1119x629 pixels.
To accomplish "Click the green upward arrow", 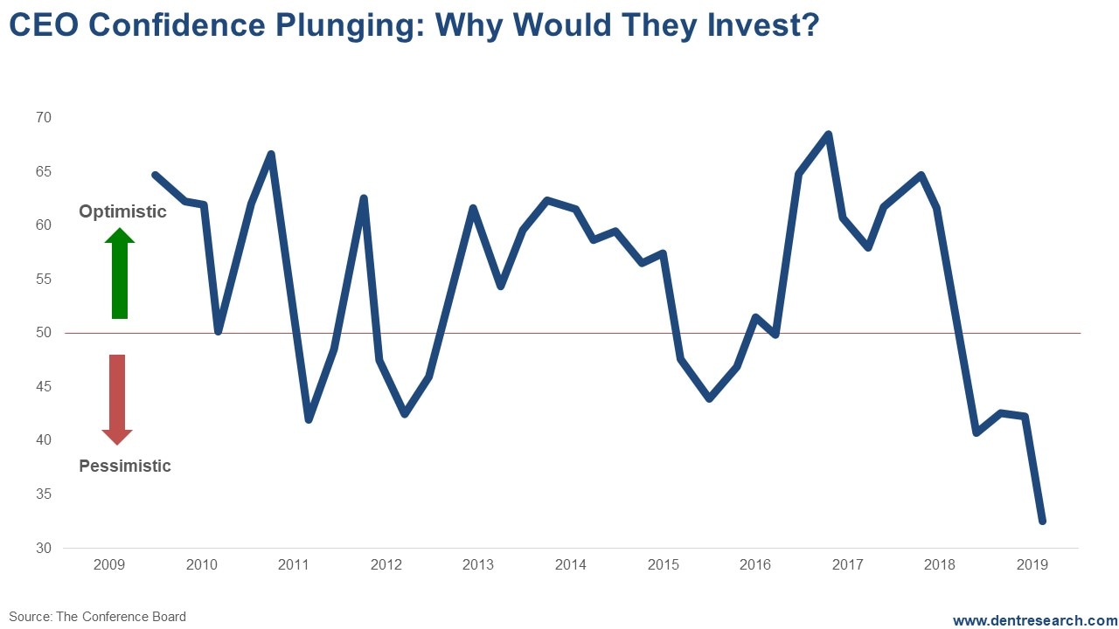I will [120, 273].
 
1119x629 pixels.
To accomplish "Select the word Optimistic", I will [122, 211].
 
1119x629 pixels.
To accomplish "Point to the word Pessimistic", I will [125, 466].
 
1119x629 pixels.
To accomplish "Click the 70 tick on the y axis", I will [44, 118].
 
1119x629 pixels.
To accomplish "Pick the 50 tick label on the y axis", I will [44, 333].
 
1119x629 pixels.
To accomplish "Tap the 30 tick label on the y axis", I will [44, 548].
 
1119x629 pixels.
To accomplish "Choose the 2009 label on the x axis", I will [109, 564].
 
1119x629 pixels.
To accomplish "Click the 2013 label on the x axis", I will [478, 564].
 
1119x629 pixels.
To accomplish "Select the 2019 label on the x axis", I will [1032, 564].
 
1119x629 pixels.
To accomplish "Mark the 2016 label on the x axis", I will [755, 564].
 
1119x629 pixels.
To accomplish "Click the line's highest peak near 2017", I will [828, 135].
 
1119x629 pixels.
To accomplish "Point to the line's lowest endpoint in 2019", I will [1042, 521].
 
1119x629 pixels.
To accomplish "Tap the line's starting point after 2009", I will [155, 175].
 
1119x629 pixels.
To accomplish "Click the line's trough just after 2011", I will [308, 420].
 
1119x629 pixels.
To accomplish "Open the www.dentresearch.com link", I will [1034, 620].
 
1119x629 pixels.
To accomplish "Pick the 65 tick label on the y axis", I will [44, 172].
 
